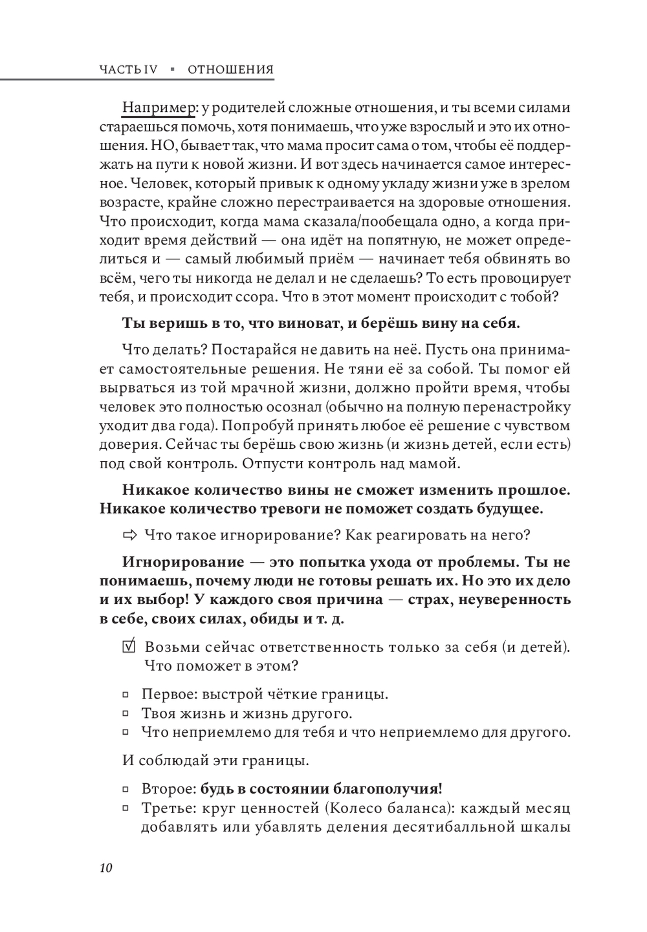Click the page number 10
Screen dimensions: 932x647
[107, 868]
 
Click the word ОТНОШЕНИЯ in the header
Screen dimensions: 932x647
[231, 70]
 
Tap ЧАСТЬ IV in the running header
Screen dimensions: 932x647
[129, 70]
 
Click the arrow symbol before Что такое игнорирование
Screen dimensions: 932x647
[130, 535]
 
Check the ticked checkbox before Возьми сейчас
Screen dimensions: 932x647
[129, 647]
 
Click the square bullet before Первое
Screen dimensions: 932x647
[126, 696]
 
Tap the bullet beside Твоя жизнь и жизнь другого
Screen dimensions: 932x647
[126, 715]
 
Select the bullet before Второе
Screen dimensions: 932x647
[126, 790]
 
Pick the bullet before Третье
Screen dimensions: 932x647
[126, 809]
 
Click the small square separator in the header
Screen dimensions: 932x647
[173, 70]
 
